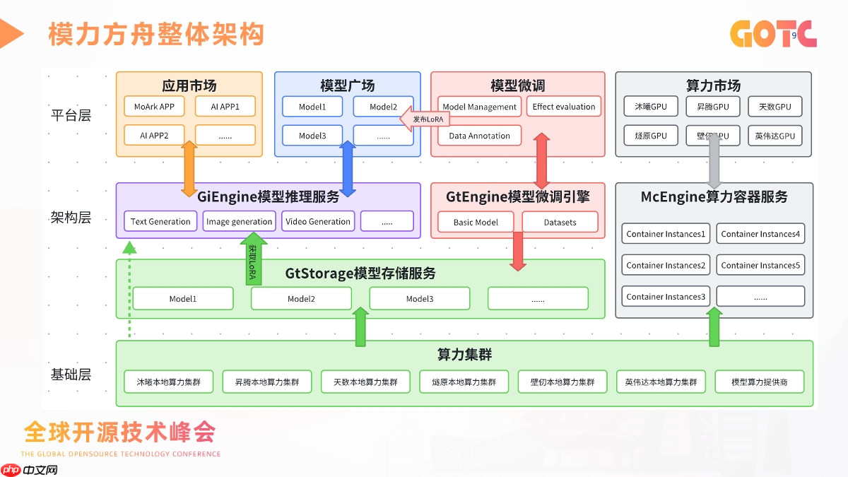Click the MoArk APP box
[154, 107]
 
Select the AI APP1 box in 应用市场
[225, 107]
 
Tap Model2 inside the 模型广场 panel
[383, 107]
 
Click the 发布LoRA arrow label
[426, 119]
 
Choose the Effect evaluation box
[564, 107]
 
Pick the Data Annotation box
[479, 136]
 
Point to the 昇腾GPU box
[713, 107]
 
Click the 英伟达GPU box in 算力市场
[775, 136]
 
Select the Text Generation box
[160, 221]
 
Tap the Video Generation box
[318, 221]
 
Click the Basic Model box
[476, 222]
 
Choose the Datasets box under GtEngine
[560, 222]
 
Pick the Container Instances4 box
[760, 234]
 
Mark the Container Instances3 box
[666, 297]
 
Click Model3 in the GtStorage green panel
[420, 299]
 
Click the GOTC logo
[773, 34]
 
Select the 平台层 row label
[71, 114]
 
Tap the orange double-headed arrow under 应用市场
[189, 168]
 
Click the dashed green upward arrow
[129, 290]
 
